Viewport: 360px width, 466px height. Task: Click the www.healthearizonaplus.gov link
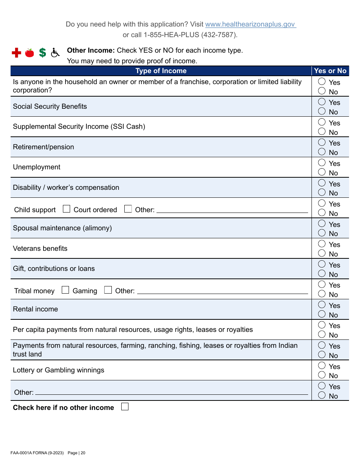point(250,24)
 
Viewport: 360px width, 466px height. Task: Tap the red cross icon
point(16,53)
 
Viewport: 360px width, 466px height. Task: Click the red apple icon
point(30,53)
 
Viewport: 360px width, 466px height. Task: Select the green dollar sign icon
point(42,53)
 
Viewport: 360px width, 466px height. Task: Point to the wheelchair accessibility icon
point(55,53)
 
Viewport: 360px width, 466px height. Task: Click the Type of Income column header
point(161,71)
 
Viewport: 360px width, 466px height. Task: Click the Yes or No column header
point(330,71)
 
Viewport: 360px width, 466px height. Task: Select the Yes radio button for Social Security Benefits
point(322,102)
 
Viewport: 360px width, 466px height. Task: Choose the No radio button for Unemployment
point(322,172)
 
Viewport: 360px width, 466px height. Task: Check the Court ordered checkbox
point(67,209)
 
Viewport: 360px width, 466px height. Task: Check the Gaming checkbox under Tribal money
point(66,290)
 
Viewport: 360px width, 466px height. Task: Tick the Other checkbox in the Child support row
point(128,209)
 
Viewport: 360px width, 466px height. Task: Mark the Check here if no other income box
point(125,407)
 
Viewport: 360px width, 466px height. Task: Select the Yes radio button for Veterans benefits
point(322,244)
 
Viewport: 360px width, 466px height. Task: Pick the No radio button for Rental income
point(322,314)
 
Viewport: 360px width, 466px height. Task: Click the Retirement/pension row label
point(44,147)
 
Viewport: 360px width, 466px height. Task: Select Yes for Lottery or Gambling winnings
point(322,366)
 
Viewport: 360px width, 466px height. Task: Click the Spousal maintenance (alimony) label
point(62,228)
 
